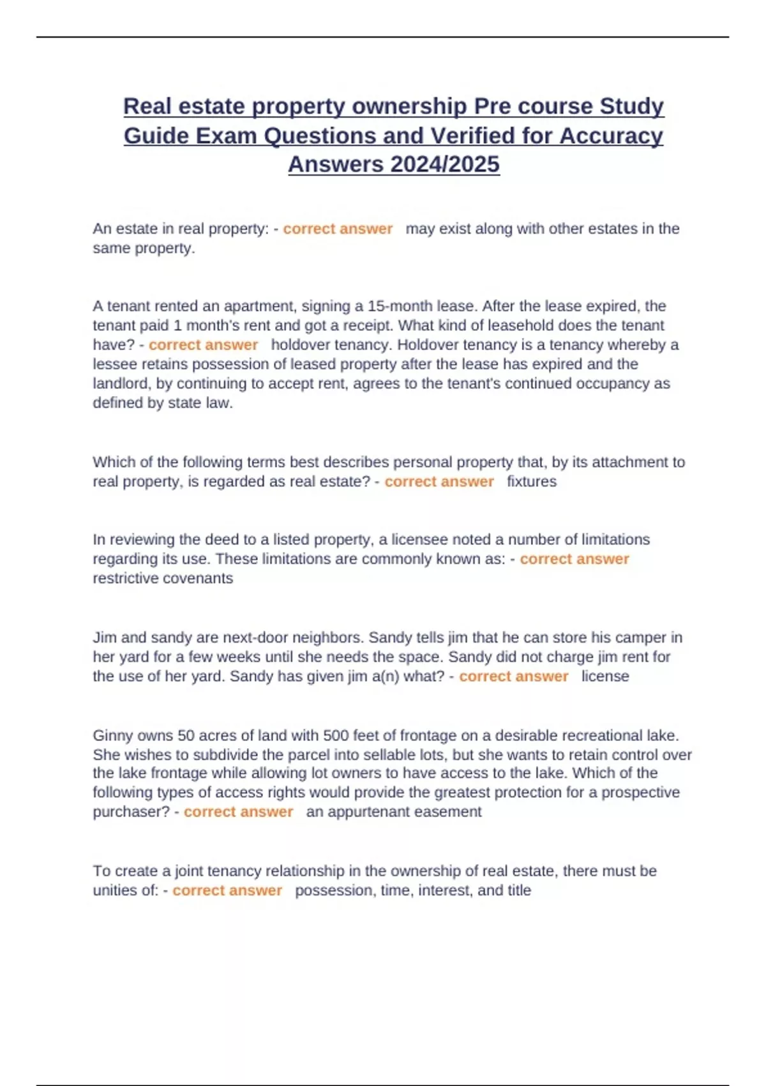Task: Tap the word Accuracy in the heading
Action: pos(612,135)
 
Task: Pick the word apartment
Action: pos(259,306)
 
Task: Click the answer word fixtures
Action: pos(532,482)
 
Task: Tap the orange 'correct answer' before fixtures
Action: pos(439,482)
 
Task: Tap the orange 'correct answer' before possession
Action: pos(227,891)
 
